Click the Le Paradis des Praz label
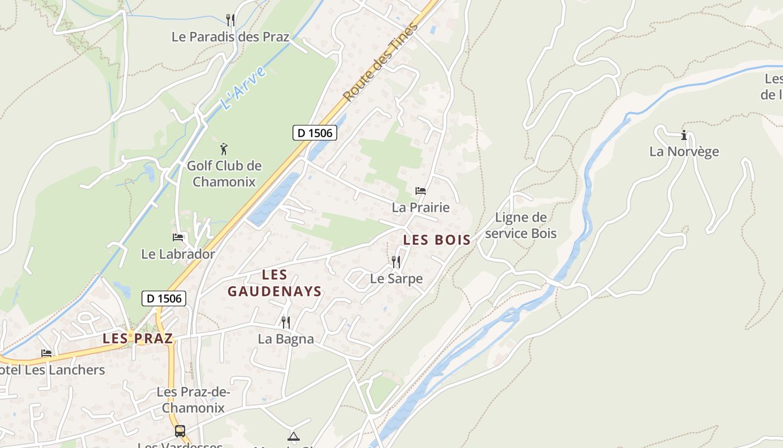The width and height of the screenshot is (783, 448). [230, 37]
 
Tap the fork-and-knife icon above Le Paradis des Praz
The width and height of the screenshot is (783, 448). [230, 20]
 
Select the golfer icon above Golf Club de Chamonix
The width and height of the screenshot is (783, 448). [224, 149]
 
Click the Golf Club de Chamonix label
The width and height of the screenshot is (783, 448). [224, 174]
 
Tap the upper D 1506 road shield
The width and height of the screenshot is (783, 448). [315, 133]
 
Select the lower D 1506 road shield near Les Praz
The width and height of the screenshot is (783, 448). [164, 298]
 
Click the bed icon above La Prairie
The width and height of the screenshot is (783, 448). [421, 191]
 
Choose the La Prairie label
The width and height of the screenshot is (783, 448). [421, 208]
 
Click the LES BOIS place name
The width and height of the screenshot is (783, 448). [437, 240]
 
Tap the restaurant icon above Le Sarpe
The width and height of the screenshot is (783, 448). [396, 262]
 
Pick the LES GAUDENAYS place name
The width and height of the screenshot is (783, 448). [275, 283]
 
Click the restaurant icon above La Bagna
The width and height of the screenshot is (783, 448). [285, 322]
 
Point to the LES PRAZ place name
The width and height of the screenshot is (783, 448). [138, 339]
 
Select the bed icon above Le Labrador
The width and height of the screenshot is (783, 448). [178, 237]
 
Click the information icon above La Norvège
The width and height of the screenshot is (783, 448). [683, 135]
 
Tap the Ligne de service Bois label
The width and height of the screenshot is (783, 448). [521, 225]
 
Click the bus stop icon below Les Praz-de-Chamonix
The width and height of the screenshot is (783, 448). [180, 431]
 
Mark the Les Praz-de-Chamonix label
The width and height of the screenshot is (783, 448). [193, 400]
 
